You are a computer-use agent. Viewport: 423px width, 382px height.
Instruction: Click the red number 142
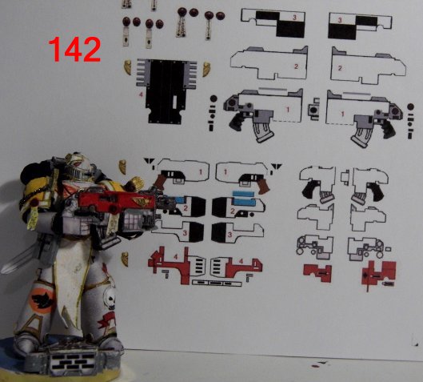(74, 50)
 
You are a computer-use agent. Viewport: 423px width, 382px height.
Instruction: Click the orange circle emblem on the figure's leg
(42, 300)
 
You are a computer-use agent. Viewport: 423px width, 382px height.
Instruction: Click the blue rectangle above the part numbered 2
(243, 195)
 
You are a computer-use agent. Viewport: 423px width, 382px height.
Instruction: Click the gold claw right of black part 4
(206, 69)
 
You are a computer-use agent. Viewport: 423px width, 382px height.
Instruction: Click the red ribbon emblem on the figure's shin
(107, 321)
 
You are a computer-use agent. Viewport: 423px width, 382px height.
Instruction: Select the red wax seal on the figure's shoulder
(34, 203)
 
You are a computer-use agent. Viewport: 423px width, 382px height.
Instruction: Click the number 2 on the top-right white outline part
(340, 68)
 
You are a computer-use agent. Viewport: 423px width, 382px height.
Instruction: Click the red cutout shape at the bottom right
(379, 273)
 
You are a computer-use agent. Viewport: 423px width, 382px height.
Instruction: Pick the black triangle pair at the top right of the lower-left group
(277, 166)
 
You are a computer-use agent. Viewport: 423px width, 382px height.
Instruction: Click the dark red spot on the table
(314, 366)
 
